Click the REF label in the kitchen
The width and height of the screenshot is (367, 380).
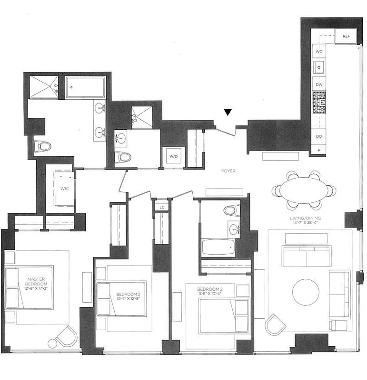click(x=346, y=36)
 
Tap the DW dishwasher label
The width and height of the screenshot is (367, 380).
click(x=319, y=85)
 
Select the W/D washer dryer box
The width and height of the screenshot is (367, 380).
click(x=172, y=155)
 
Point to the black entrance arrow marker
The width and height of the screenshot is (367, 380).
click(x=228, y=113)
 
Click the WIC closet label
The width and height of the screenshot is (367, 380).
click(x=64, y=188)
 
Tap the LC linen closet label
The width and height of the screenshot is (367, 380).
click(x=162, y=207)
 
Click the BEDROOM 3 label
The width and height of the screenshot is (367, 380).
click(x=123, y=297)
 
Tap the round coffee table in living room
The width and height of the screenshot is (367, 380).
click(x=306, y=292)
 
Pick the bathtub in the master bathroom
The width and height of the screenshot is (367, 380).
click(x=85, y=88)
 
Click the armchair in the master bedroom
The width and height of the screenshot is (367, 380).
click(x=66, y=337)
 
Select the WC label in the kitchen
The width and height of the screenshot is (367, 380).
click(x=319, y=51)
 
